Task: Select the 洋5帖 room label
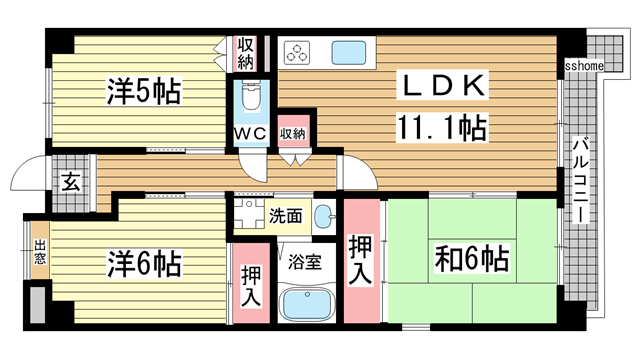pyautogui.click(x=144, y=93)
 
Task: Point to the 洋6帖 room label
pyautogui.click(x=144, y=264)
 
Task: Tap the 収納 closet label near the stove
pyautogui.click(x=246, y=52)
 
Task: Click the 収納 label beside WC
pyautogui.click(x=292, y=133)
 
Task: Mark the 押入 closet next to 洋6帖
pyautogui.click(x=250, y=285)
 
